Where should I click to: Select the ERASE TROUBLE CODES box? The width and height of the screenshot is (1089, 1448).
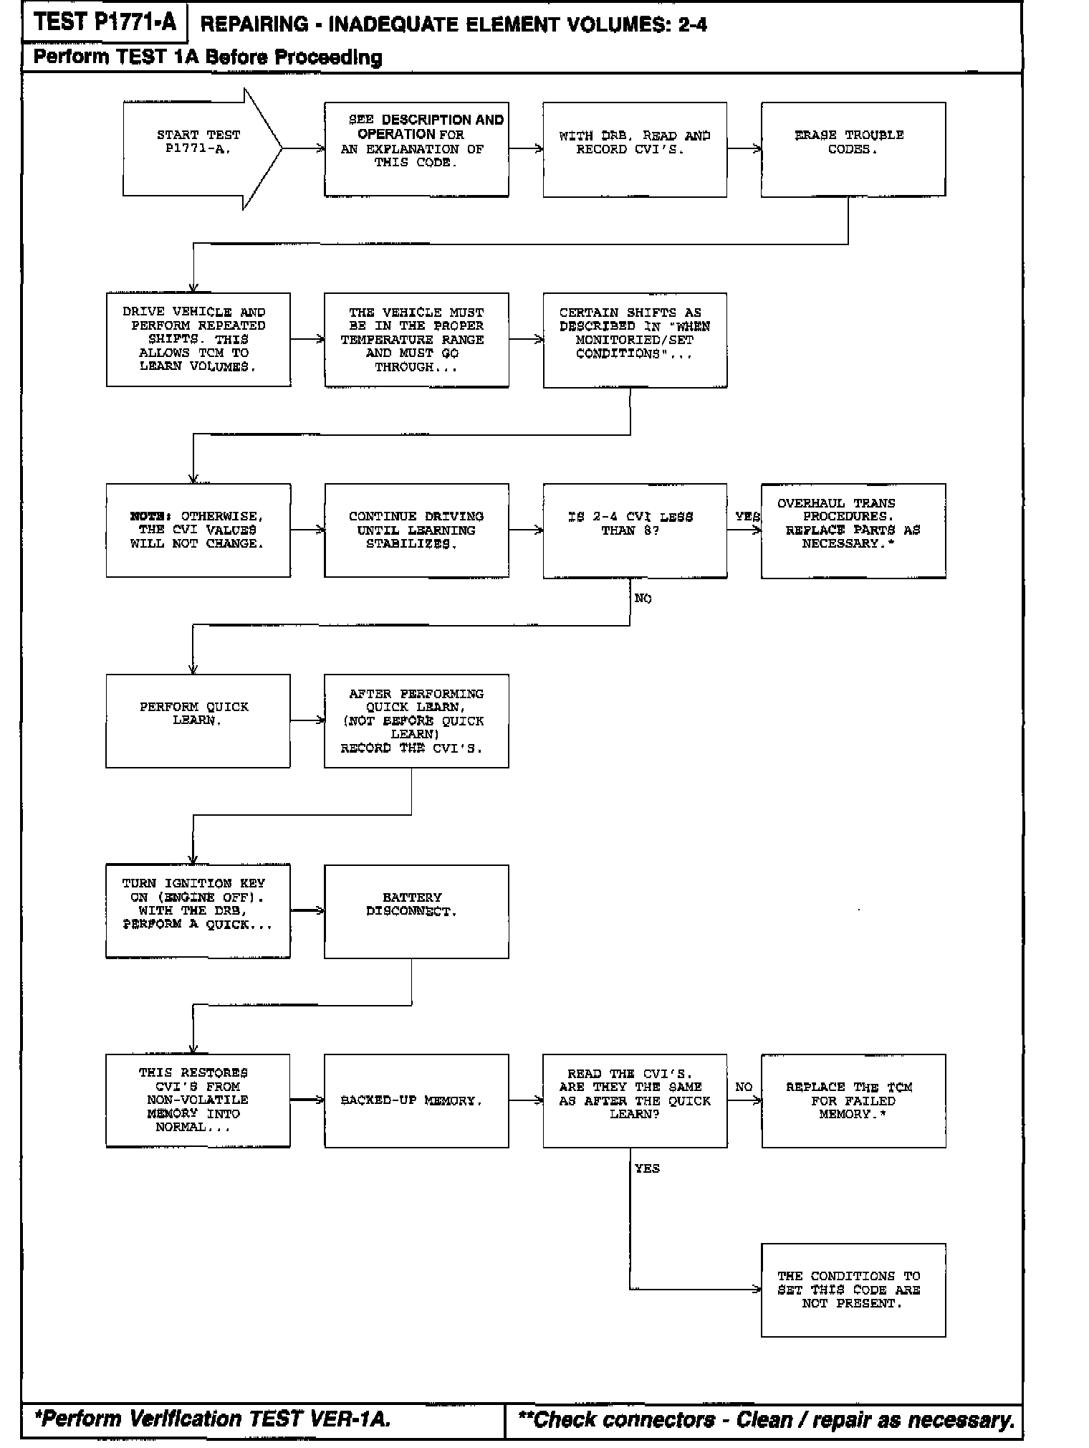pyautogui.click(x=853, y=149)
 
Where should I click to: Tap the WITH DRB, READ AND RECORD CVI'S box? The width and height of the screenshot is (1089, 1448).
pyautogui.click(x=634, y=149)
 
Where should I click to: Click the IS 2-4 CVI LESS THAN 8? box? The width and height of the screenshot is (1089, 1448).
pyautogui.click(x=634, y=530)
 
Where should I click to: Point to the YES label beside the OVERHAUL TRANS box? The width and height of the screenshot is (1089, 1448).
pyautogui.click(x=747, y=517)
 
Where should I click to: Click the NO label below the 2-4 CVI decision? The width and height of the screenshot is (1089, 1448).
pyautogui.click(x=643, y=599)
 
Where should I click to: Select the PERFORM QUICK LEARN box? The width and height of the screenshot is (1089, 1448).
pyautogui.click(x=198, y=720)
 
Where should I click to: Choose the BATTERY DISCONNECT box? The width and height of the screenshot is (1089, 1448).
pyautogui.click(x=416, y=911)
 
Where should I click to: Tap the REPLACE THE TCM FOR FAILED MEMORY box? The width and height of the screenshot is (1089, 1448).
pyautogui.click(x=853, y=1100)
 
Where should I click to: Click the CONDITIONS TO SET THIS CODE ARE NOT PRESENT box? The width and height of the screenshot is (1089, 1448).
pyautogui.click(x=853, y=1290)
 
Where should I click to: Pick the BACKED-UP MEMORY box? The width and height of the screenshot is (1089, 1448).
pyautogui.click(x=416, y=1100)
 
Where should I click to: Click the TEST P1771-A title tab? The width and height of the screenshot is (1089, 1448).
pyautogui.click(x=105, y=23)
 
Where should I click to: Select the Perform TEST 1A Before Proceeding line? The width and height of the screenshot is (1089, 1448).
pyautogui.click(x=208, y=57)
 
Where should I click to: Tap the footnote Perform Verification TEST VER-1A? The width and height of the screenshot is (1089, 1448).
pyautogui.click(x=213, y=1419)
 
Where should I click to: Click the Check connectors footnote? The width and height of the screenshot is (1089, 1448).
pyautogui.click(x=765, y=1419)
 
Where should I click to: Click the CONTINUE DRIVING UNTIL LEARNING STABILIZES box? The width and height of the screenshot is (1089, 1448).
pyautogui.click(x=416, y=530)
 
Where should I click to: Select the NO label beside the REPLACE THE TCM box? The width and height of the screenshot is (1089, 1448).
pyautogui.click(x=744, y=1087)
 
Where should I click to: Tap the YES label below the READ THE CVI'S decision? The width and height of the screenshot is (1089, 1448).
pyautogui.click(x=647, y=1168)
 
